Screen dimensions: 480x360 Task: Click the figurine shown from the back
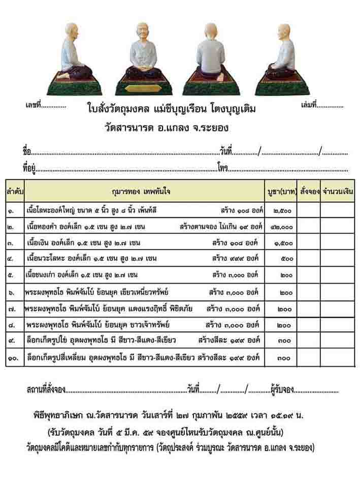coord(211,58)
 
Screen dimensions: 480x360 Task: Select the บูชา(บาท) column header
coord(282,191)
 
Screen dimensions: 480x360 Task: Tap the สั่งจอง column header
coord(309,191)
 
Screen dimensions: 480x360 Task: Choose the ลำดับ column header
coord(15,191)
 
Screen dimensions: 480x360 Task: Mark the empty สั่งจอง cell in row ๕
coord(309,275)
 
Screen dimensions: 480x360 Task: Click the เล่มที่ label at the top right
coord(309,106)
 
